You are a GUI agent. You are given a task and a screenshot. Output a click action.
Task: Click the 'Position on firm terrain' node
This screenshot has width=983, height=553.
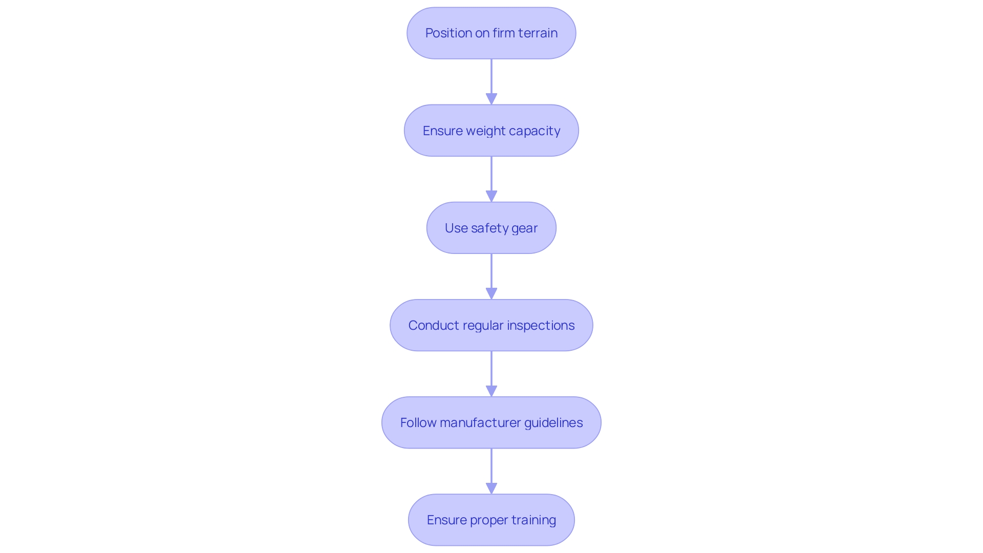(491, 33)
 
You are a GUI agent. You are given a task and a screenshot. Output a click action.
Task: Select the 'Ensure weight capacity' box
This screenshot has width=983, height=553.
(491, 131)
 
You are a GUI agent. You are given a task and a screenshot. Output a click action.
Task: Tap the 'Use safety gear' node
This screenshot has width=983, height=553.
(491, 228)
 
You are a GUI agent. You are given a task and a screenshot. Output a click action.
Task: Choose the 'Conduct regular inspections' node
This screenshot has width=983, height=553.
(491, 325)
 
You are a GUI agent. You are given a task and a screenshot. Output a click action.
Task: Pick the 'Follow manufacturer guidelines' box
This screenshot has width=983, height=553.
(491, 422)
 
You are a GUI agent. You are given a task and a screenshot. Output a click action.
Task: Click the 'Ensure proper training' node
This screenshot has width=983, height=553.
(491, 520)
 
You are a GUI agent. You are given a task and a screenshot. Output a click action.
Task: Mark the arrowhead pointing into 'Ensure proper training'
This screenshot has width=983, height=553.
(491, 488)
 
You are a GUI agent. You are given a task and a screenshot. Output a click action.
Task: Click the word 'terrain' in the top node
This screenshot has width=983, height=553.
(538, 33)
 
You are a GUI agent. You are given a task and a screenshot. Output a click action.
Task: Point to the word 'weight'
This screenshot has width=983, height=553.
(483, 131)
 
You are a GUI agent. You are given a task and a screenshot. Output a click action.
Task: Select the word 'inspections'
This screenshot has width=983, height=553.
(541, 326)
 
